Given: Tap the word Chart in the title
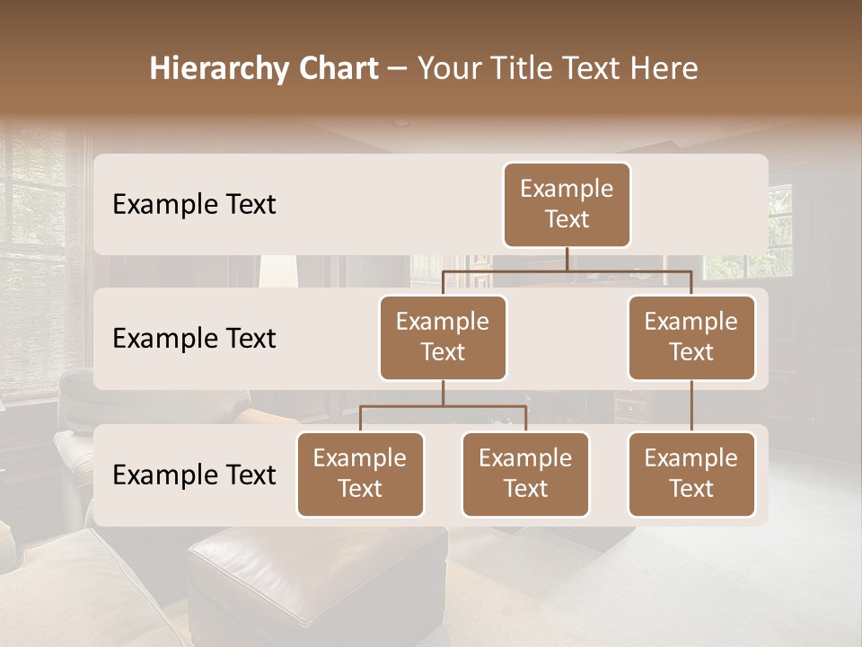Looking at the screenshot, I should coord(337,69).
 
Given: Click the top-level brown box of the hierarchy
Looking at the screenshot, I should coord(567,204).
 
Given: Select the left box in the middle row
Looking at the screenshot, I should coord(443,337).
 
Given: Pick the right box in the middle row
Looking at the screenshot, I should coord(691,337).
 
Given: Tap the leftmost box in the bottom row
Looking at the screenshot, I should coord(360,474).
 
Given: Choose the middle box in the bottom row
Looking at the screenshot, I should coord(525,474).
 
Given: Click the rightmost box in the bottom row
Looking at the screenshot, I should coord(691,474).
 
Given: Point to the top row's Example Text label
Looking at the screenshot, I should coord(194,205).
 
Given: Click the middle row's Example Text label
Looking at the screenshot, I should coord(194,339).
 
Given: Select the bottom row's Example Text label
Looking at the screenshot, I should coord(194,475).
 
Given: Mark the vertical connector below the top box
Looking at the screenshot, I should coord(567,259).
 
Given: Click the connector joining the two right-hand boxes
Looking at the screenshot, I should coord(691,406).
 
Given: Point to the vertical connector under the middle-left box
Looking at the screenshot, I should coord(443,393).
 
